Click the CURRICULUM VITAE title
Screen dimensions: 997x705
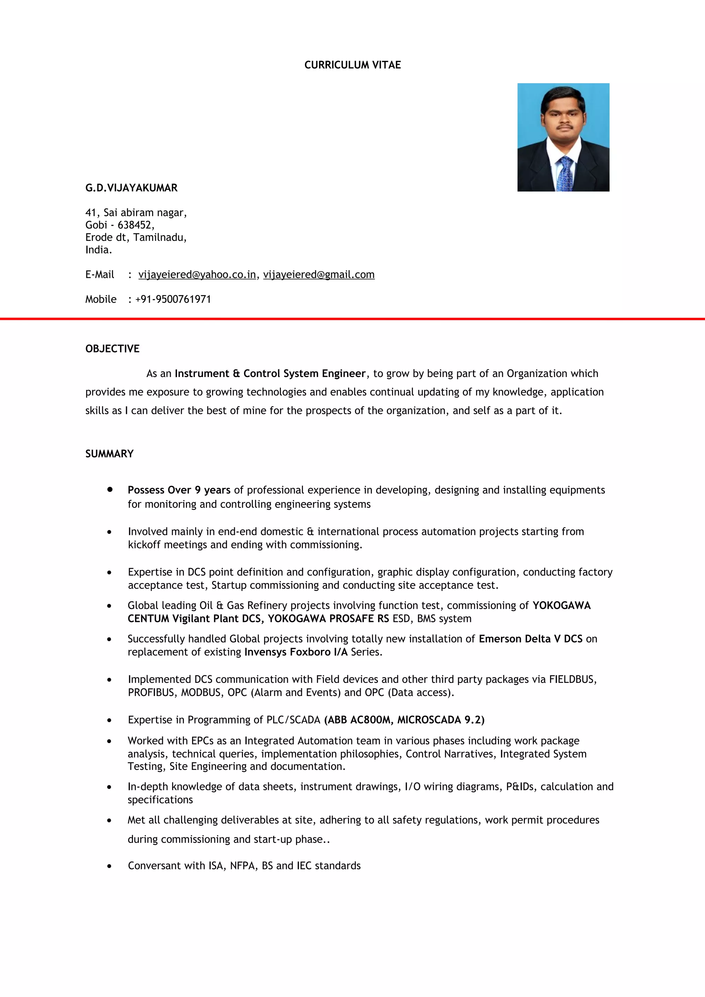coord(352,65)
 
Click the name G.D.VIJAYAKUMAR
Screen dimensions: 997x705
coord(131,188)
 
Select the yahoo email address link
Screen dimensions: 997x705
coord(197,275)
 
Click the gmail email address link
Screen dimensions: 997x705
coord(318,275)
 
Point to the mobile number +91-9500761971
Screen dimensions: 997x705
coord(173,300)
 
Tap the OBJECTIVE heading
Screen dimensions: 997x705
coord(112,349)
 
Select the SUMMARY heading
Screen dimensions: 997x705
coord(109,454)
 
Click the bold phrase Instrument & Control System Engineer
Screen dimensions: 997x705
coord(270,374)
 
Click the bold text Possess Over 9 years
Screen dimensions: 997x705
coord(179,490)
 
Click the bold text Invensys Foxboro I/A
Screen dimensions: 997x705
coord(296,652)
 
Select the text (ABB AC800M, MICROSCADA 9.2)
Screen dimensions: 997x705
coord(404,720)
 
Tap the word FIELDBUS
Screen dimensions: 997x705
coord(572,679)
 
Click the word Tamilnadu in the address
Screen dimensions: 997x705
coord(159,237)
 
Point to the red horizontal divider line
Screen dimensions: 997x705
coord(352,319)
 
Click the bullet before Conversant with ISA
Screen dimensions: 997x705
coord(109,866)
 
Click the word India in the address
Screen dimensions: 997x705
coord(98,250)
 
